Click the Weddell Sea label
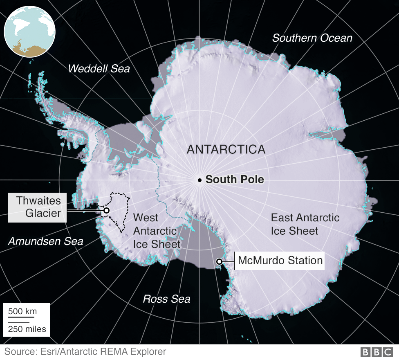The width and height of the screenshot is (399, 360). click(x=99, y=68)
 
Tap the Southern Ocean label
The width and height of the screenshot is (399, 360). click(x=312, y=38)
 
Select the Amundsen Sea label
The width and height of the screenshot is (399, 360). click(x=45, y=241)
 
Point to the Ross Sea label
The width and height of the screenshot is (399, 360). click(x=166, y=299)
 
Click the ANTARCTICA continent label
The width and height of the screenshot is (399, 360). click(x=226, y=149)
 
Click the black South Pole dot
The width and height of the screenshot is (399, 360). click(x=199, y=180)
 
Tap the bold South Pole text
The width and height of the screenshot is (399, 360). click(x=235, y=180)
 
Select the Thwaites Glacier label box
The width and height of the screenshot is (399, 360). click(x=37, y=207)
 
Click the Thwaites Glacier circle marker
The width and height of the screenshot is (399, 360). click(x=106, y=210)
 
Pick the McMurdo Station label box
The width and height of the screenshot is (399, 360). click(x=280, y=261)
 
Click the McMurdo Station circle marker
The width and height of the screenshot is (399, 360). click(x=219, y=261)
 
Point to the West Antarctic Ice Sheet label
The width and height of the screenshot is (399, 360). click(x=157, y=231)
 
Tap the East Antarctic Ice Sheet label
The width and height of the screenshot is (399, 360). click(x=305, y=224)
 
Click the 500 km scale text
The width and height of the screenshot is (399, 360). click(x=22, y=311)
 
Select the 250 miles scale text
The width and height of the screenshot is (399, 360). click(x=27, y=329)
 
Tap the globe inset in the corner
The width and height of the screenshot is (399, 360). click(x=29, y=32)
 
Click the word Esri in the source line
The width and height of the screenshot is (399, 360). click(x=49, y=351)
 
